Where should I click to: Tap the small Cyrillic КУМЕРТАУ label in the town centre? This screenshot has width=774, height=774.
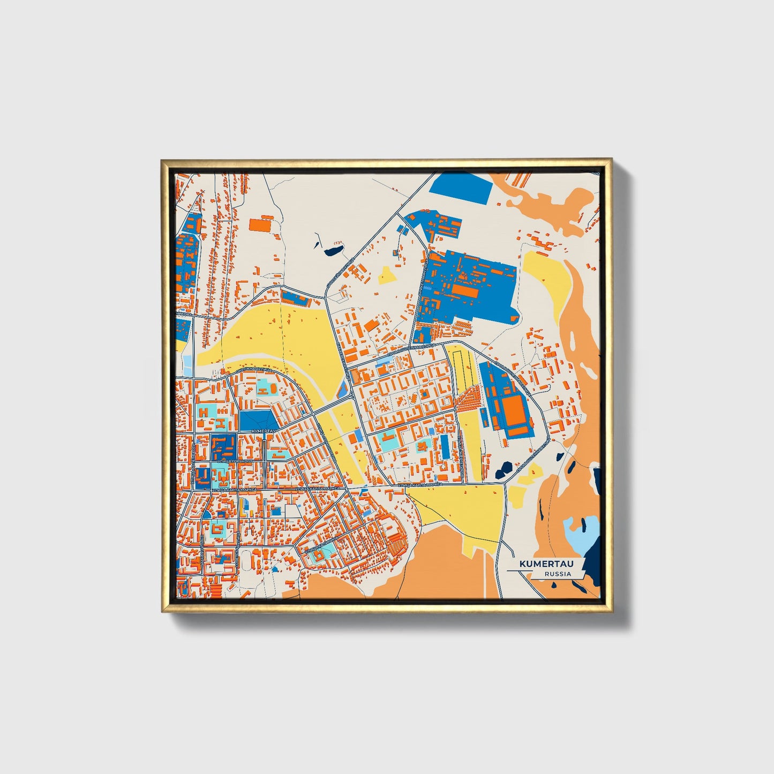tap(263, 430)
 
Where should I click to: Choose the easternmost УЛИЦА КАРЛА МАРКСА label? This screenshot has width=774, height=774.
tap(420, 484)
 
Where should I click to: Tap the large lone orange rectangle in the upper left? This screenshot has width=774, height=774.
tap(261, 224)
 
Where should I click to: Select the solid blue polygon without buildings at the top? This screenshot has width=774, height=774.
tap(461, 187)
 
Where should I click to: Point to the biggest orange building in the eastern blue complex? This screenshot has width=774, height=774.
tap(513, 410)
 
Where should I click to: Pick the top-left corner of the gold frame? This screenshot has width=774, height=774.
tap(162, 160)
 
